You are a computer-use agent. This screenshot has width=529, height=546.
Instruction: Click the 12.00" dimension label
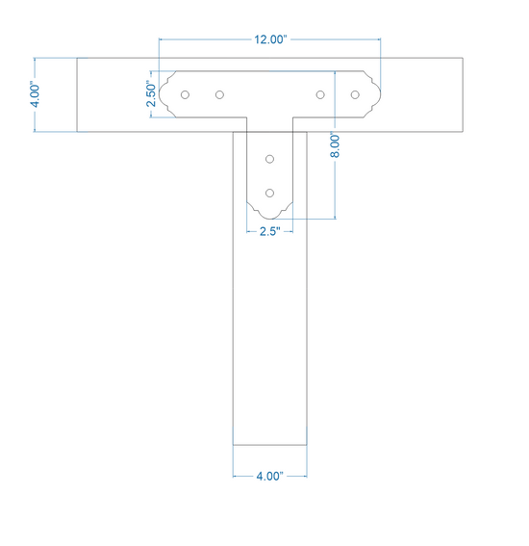point(270,39)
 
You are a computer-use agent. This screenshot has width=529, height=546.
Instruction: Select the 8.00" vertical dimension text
point(335,144)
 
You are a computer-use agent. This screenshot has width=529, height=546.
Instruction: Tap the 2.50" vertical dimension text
point(151,93)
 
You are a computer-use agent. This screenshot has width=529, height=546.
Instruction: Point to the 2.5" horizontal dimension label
point(270,231)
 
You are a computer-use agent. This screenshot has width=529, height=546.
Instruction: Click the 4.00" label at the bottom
point(270,476)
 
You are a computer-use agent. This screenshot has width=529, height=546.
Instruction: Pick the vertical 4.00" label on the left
point(36,94)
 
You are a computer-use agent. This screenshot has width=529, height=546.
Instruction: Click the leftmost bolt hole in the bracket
point(185,94)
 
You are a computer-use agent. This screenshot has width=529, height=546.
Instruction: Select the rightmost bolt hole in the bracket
point(355,94)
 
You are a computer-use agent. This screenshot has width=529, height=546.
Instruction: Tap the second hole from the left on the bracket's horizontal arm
point(219,94)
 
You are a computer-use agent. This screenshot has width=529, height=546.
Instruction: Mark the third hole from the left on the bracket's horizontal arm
point(320,94)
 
